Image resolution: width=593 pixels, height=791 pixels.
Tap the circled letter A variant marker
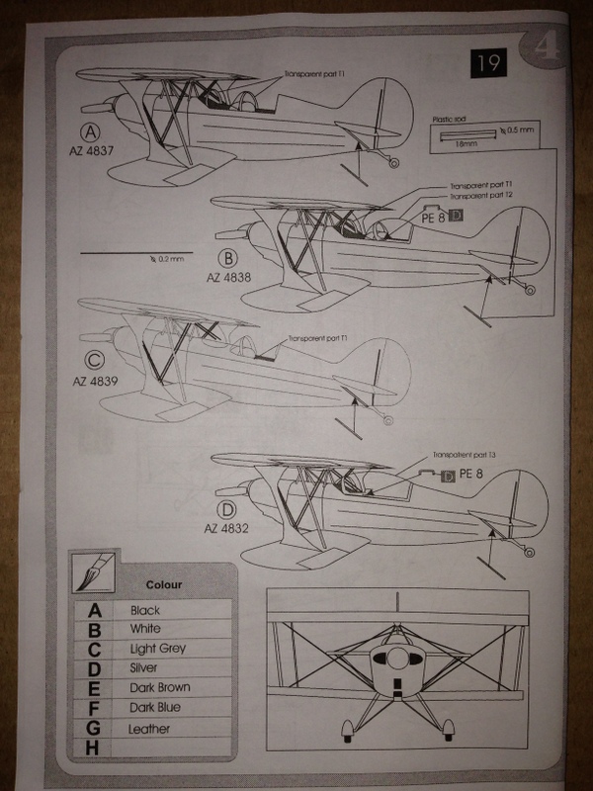(x=91, y=132)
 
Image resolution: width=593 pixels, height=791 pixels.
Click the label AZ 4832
(x=227, y=530)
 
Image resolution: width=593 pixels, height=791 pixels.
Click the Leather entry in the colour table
(x=149, y=729)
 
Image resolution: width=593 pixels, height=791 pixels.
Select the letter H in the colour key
(x=95, y=748)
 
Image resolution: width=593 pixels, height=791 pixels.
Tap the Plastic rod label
(x=451, y=118)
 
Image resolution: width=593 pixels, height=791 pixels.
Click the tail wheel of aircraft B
(x=529, y=290)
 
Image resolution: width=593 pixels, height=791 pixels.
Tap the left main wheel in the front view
(x=348, y=733)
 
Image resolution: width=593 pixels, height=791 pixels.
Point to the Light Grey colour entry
(x=158, y=649)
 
